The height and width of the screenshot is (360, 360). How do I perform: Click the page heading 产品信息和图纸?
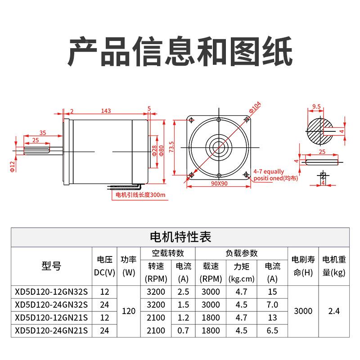(x=180, y=50)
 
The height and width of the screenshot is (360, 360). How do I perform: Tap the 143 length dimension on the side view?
(x=106, y=111)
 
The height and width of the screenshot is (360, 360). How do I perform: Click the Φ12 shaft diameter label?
(x=13, y=166)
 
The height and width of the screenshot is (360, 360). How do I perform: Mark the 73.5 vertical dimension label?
(x=171, y=147)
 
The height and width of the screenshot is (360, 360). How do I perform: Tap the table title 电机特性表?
(x=180, y=237)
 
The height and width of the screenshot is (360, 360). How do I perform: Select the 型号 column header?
(x=51, y=265)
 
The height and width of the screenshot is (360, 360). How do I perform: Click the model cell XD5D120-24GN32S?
(x=51, y=305)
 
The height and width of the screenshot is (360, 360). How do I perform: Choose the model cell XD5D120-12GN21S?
(x=51, y=318)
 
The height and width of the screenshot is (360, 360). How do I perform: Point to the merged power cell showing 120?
(x=129, y=311)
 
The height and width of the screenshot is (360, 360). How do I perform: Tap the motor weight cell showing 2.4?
(x=334, y=311)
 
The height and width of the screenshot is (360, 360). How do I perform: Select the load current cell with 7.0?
(x=272, y=305)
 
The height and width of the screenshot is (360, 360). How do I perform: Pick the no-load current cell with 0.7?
(x=183, y=331)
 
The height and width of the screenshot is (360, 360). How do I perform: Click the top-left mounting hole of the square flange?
(x=192, y=120)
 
